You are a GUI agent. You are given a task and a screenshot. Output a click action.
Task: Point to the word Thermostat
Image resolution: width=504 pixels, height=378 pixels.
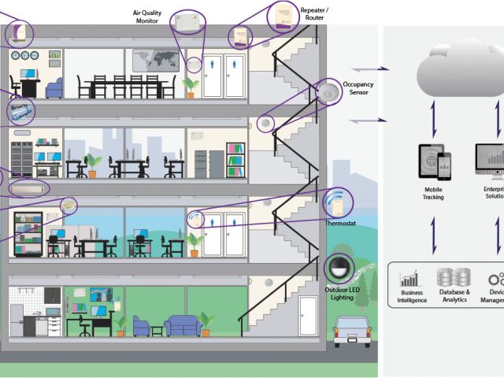[x=339, y=223]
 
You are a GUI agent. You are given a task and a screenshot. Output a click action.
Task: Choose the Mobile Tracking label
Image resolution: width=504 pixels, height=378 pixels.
[x=433, y=193]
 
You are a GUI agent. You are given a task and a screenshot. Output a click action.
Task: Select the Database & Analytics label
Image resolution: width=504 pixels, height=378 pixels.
[x=453, y=296]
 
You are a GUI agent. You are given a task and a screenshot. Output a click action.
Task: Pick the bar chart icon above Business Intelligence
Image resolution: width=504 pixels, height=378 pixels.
[x=409, y=278]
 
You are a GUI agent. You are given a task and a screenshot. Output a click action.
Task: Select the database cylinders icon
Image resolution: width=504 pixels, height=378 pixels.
[x=453, y=277]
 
